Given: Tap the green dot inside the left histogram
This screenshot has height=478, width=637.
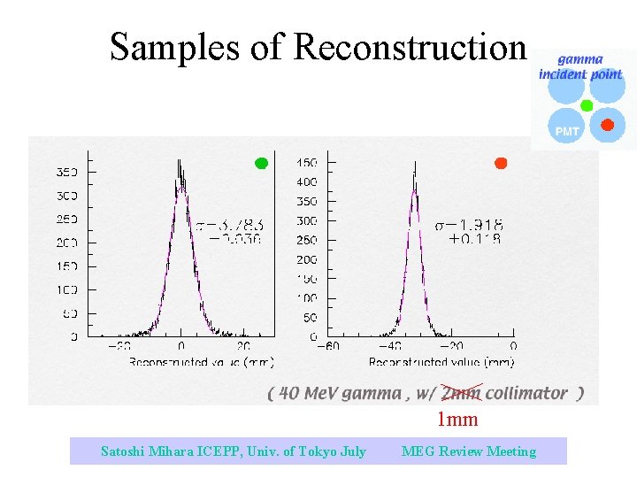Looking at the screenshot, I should coord(261,163).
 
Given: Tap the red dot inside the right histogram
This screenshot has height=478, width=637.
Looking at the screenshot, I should coord(501,163).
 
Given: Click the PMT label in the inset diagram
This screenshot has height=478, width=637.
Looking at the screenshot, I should coord(567,131).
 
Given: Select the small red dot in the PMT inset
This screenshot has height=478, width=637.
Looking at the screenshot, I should coord(607,125).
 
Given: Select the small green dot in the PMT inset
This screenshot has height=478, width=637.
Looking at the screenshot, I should coord(586,105).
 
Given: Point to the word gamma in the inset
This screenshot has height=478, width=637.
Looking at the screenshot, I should coord(580,60).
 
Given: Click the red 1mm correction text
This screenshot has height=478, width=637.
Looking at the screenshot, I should coord(457,419).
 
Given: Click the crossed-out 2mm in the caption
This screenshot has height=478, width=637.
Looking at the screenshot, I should coord(461,393).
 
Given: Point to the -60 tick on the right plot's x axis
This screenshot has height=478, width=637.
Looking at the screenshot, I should coord(329,346).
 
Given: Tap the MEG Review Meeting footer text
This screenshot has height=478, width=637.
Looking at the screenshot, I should coord(469,451).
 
